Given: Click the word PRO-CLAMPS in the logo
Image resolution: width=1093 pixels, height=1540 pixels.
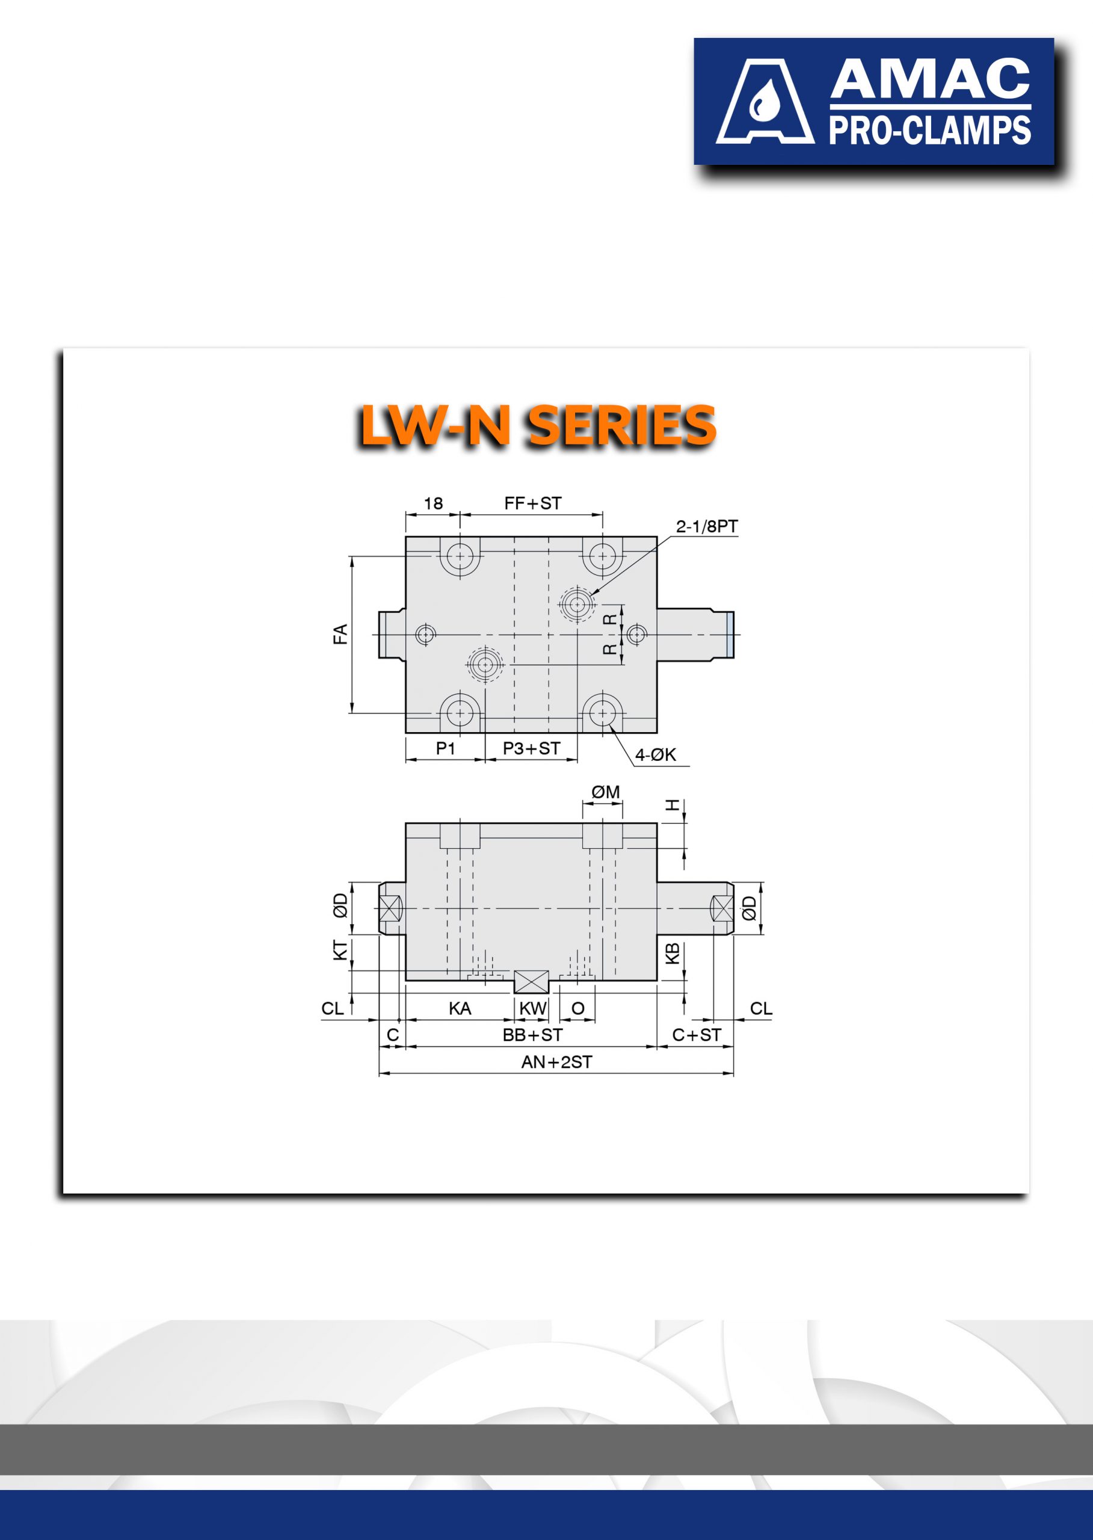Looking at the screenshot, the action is [x=929, y=131].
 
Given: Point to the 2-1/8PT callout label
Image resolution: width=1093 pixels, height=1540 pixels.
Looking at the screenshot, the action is [x=707, y=526].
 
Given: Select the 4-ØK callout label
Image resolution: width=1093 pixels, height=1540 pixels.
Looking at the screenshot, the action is [x=656, y=754].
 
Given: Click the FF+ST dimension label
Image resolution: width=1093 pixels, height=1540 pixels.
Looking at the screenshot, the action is [x=532, y=503].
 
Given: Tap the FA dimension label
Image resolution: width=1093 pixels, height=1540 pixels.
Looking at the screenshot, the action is [x=340, y=634].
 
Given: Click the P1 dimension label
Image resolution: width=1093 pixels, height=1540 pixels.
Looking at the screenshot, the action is [x=446, y=748].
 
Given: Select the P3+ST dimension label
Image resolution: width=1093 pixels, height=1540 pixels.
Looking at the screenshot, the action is [x=531, y=748].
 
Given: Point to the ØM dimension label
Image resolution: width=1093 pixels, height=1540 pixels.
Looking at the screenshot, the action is [x=605, y=792].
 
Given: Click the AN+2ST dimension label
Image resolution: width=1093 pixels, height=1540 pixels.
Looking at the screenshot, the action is [x=556, y=1062].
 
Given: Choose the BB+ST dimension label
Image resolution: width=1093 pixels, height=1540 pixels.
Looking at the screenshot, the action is [x=532, y=1035].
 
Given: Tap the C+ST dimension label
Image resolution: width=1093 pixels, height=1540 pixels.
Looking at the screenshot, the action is [x=697, y=1035].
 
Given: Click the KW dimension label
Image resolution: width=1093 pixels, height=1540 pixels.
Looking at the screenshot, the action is [x=532, y=1008].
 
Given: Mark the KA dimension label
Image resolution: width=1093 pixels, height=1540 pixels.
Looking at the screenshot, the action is [x=460, y=1008].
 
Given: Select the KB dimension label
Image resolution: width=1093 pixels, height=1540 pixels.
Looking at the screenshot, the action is [x=672, y=953].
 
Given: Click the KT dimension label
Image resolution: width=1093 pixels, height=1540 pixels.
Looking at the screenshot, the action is [x=340, y=950].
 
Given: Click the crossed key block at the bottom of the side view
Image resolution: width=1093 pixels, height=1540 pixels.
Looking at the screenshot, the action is [x=532, y=982].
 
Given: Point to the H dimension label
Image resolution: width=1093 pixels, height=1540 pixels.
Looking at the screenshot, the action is [x=673, y=805].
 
